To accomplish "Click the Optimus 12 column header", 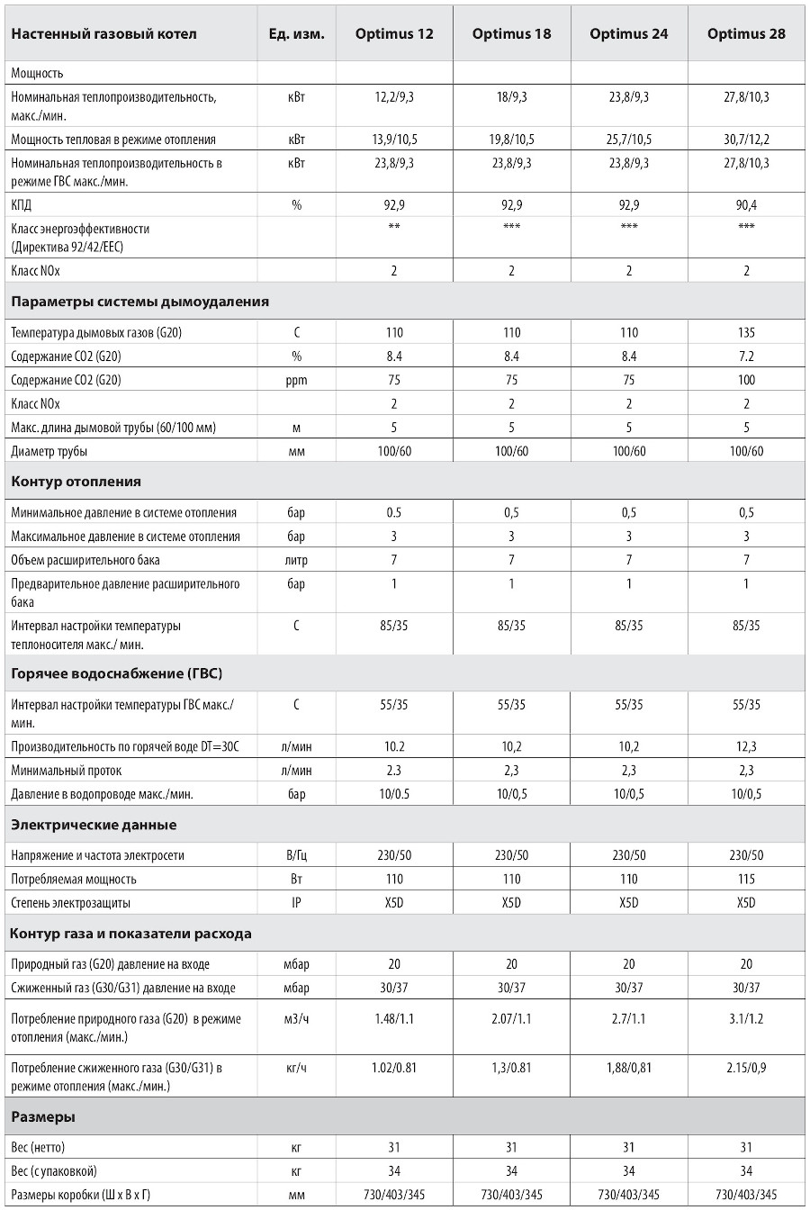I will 394,34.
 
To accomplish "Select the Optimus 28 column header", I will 746,34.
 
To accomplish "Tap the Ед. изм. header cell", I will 296,34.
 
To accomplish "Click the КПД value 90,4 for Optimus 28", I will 746,205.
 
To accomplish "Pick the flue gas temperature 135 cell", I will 746,333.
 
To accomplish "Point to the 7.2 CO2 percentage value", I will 746,357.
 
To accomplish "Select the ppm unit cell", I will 296,381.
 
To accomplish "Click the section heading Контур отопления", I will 76,482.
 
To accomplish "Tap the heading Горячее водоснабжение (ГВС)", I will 117,673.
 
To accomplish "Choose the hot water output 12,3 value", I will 746,746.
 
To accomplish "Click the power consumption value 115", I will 746,880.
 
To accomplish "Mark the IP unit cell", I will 296,903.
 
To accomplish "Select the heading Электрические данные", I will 94,826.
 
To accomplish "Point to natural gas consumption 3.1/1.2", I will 746,1021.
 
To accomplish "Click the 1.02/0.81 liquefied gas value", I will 394,1069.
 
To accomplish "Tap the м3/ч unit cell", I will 296,1021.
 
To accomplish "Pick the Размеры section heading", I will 43,1117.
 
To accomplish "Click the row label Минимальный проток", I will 67,771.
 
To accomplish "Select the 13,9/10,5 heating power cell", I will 394,140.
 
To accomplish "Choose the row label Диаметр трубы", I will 49,451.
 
